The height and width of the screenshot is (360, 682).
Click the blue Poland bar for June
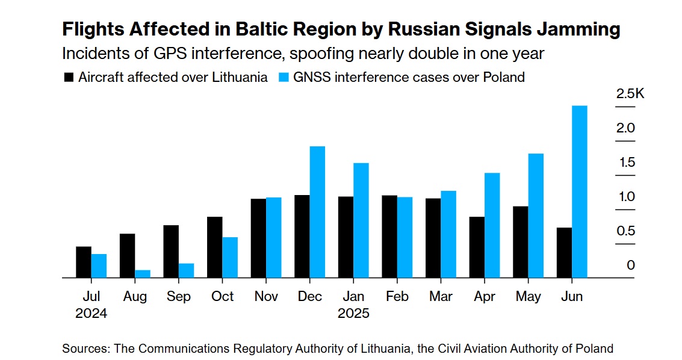pyautogui.click(x=579, y=192)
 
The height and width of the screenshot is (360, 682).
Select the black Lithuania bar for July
pyautogui.click(x=84, y=262)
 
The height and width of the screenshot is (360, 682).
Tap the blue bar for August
pyautogui.click(x=143, y=274)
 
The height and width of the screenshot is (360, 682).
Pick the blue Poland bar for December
pyautogui.click(x=317, y=212)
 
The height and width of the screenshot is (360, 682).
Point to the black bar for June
pyautogui.click(x=564, y=253)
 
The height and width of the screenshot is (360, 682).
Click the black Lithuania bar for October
pyautogui.click(x=214, y=247)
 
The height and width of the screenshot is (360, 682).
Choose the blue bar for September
pyautogui.click(x=186, y=271)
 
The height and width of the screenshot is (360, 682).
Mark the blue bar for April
pyautogui.click(x=492, y=226)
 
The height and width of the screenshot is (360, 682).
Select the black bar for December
pyautogui.click(x=302, y=237)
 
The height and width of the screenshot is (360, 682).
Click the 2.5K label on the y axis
pyautogui.click(x=630, y=95)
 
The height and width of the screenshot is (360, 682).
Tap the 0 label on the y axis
pyautogui.click(x=631, y=265)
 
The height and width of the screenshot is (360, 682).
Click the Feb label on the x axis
pyautogui.click(x=397, y=297)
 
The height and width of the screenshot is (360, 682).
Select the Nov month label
pyautogui.click(x=266, y=297)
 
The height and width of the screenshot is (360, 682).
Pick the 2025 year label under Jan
pyautogui.click(x=353, y=314)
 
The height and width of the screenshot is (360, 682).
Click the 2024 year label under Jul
pyautogui.click(x=91, y=314)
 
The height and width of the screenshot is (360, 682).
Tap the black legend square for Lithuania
pyautogui.click(x=69, y=78)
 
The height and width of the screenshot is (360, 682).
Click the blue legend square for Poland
pyautogui.click(x=284, y=78)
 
